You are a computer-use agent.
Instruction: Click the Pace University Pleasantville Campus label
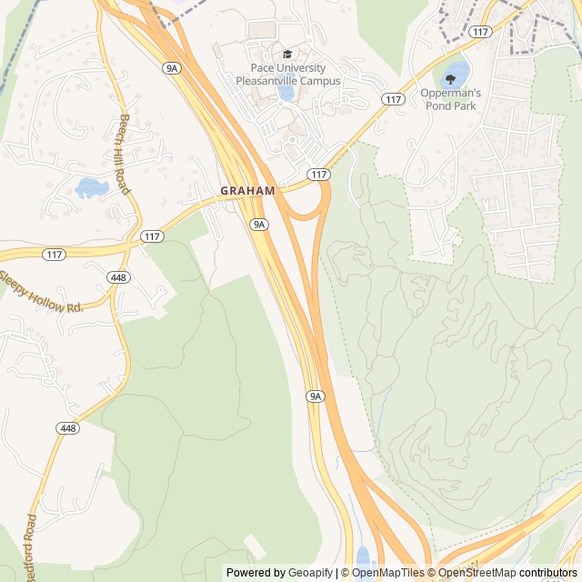pos(288,75)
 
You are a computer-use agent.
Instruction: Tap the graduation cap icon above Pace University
pos(287,55)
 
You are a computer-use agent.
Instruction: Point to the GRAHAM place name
pos(247,191)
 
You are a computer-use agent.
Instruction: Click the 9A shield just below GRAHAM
pos(259,224)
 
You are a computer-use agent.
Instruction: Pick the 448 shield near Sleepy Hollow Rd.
pos(117,276)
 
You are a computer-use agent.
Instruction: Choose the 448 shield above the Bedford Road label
pos(66,427)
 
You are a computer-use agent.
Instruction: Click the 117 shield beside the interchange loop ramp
pos(317,174)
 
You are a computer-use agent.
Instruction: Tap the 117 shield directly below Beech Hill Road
pos(152,236)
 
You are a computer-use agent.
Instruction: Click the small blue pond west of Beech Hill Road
pos(91,187)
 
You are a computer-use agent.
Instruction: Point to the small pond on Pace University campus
pos(286,92)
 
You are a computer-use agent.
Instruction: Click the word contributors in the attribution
pos(547,573)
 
